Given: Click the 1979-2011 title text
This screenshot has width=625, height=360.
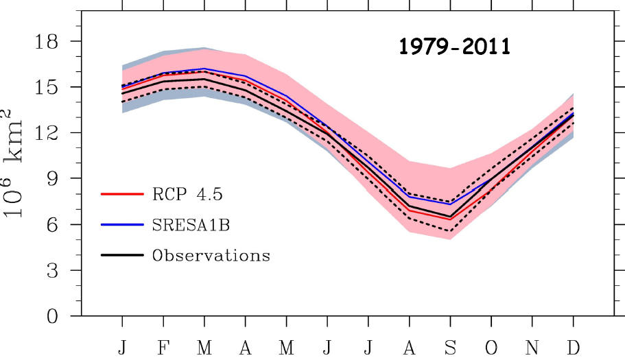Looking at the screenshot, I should [455, 47].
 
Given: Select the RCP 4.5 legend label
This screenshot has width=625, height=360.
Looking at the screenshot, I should [187, 194].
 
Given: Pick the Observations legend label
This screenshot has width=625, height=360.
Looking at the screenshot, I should [211, 256].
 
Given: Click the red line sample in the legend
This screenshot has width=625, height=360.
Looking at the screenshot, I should [121, 194].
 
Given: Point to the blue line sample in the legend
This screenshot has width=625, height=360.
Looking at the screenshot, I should [121, 225].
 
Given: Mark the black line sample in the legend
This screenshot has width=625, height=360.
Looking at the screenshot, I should [121, 256].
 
